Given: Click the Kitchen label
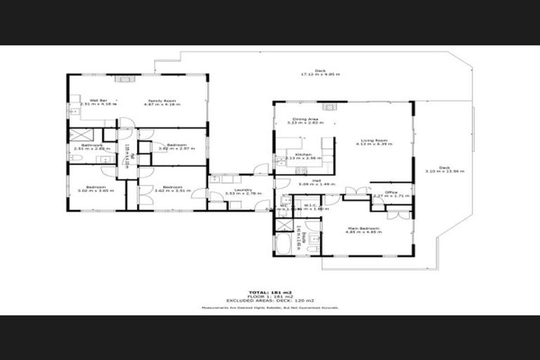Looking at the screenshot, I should tap(303, 154).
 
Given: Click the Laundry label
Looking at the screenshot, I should tap(243, 189).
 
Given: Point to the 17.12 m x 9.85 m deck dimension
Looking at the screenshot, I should tap(320, 74).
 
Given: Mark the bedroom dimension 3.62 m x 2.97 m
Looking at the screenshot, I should tap(171, 148).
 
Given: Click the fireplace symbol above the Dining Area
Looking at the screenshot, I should tap(328, 107).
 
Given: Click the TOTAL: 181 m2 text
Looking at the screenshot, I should tap(269, 292).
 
